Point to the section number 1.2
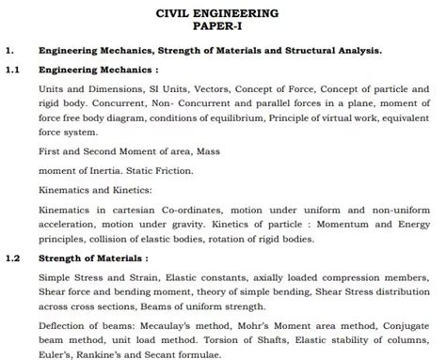click(x=12, y=257)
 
